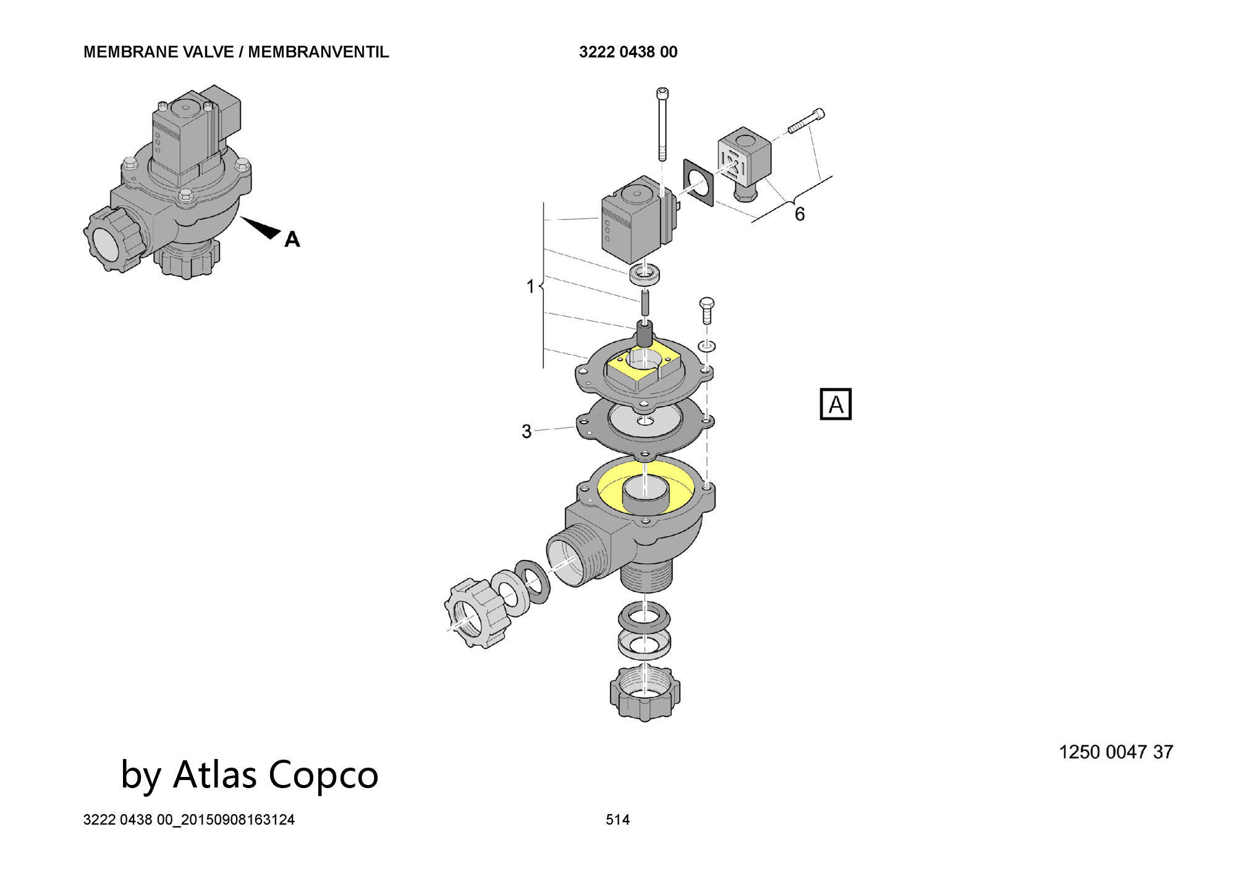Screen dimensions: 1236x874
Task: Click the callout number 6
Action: (x=799, y=214)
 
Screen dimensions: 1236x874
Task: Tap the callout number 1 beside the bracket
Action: (x=530, y=287)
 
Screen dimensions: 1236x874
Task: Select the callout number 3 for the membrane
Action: (x=527, y=431)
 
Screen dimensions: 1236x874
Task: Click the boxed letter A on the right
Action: (x=836, y=404)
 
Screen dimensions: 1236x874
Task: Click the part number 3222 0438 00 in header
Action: (x=628, y=52)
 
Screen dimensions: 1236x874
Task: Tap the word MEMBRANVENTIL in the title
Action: (x=318, y=52)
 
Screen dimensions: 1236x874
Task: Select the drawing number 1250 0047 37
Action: (x=1116, y=752)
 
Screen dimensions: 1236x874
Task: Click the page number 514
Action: (x=617, y=820)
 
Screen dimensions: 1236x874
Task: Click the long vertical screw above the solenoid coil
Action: (x=663, y=124)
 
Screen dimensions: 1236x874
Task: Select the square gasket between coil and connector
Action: (x=698, y=182)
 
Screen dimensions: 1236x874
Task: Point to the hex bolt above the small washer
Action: (x=706, y=313)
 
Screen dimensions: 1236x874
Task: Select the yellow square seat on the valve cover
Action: (x=643, y=368)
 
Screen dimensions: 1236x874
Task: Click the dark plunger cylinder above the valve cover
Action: (x=644, y=334)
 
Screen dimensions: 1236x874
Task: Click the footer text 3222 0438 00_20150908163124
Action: (x=189, y=820)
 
